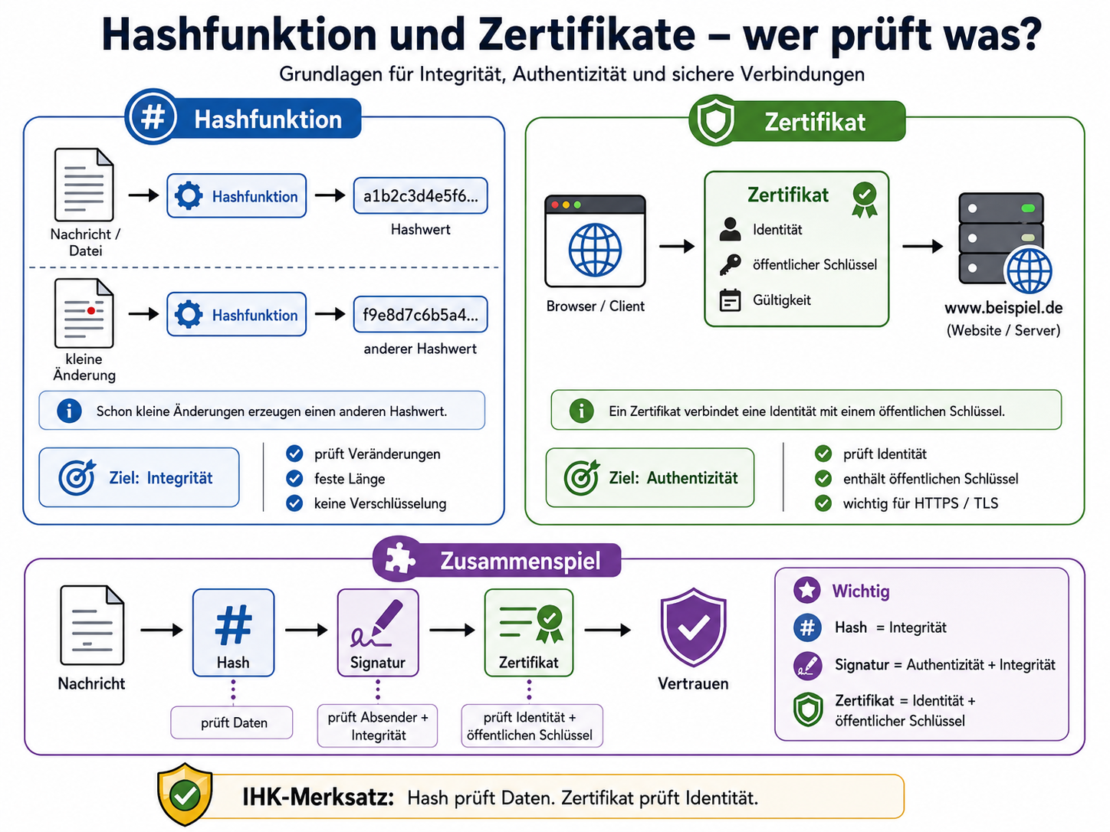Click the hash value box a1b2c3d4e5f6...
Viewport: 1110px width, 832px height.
(x=420, y=195)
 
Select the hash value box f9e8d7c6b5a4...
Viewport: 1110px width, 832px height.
(x=420, y=314)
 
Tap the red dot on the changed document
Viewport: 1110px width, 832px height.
(x=91, y=310)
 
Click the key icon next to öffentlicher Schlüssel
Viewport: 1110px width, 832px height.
(x=731, y=264)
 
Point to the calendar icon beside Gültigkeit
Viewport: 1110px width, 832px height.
(x=730, y=300)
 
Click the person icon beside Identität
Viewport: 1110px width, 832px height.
(x=730, y=229)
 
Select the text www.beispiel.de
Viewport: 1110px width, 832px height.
(x=1003, y=308)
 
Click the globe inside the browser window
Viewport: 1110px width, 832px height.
(x=595, y=250)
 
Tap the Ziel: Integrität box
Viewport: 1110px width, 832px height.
(x=139, y=477)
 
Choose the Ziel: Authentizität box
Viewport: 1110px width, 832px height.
(x=650, y=477)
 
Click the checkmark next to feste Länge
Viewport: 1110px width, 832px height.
(x=294, y=478)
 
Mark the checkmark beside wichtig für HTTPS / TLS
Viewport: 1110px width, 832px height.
(x=823, y=503)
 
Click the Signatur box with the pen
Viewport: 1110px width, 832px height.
(x=378, y=632)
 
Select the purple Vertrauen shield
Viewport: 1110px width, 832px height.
(x=693, y=627)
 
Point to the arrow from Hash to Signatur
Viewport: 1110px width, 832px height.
(x=306, y=630)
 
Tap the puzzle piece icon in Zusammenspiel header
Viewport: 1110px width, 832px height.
(x=399, y=559)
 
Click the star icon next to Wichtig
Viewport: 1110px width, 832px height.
(x=806, y=590)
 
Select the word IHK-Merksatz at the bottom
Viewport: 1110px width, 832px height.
(x=318, y=798)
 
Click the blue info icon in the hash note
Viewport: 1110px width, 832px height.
(x=69, y=410)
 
